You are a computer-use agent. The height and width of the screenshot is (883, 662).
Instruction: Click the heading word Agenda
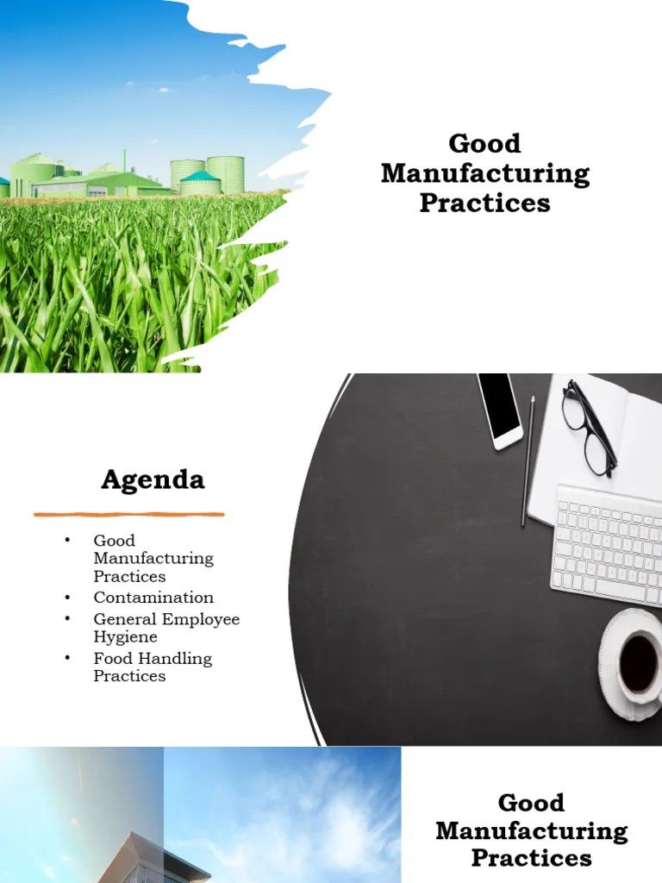(153, 479)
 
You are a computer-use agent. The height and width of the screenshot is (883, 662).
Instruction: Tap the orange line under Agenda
(129, 515)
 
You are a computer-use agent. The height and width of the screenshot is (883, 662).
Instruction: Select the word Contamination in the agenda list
(153, 598)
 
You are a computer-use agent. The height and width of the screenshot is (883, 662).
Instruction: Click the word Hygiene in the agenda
(125, 637)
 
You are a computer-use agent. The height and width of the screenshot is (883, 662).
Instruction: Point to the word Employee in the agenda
(203, 619)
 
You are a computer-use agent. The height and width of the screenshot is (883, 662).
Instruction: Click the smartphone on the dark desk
(500, 410)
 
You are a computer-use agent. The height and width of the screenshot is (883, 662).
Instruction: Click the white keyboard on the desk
(608, 543)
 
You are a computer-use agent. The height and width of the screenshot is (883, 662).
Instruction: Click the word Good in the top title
(484, 143)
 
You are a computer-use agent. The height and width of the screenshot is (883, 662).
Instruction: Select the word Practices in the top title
(484, 204)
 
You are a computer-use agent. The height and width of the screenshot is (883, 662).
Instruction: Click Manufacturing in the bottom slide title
(531, 831)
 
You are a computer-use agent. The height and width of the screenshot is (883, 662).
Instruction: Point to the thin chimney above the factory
(124, 160)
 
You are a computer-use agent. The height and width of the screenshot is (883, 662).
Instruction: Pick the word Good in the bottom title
(531, 803)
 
